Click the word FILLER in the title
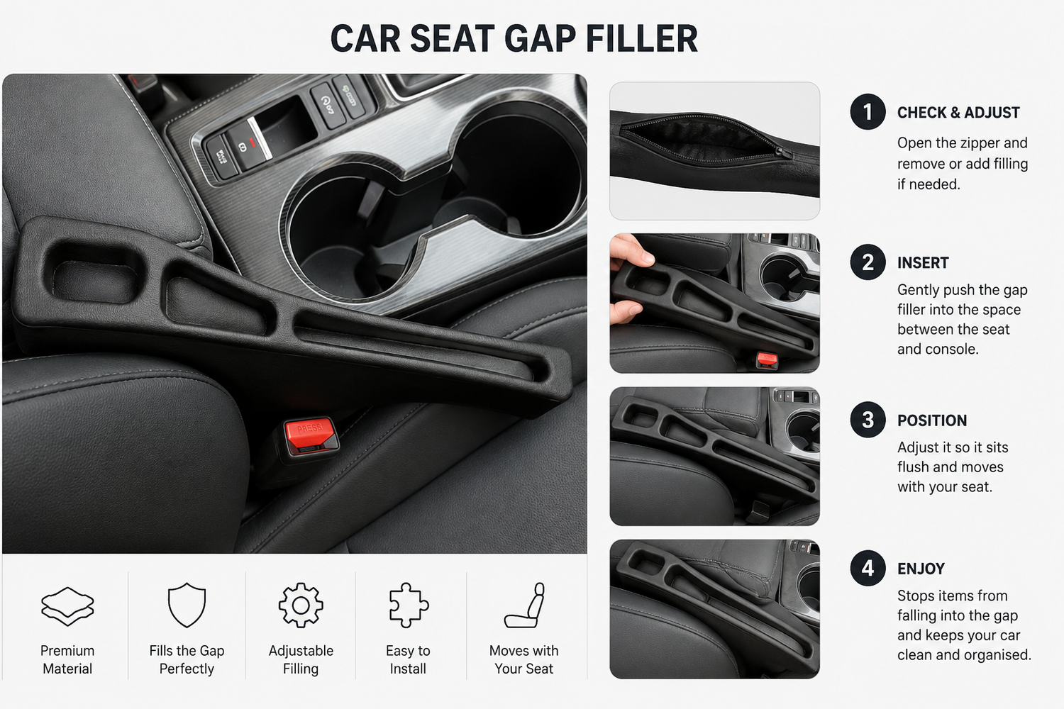[x=642, y=38]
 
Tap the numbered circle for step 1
[x=868, y=112]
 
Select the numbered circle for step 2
[x=868, y=262]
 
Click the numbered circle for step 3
[x=868, y=420]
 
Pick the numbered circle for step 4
[x=868, y=568]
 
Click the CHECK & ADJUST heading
[x=958, y=113]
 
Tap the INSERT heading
[x=922, y=262]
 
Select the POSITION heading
[x=931, y=420]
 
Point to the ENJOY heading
[x=921, y=569]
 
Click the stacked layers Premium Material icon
[x=67, y=606]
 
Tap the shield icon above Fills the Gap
[x=187, y=605]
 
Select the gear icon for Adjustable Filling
[x=301, y=605]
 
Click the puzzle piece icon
[x=409, y=605]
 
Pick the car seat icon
[x=524, y=605]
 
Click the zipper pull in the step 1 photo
[x=783, y=152]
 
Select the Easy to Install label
[x=408, y=659]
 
